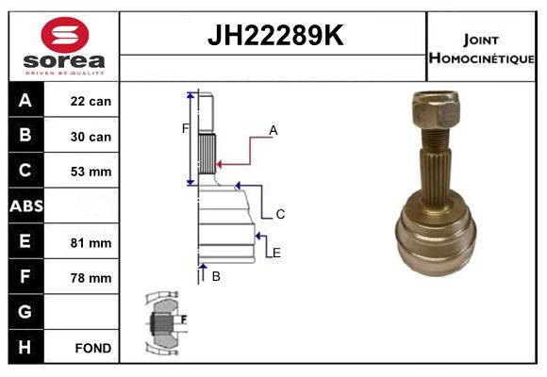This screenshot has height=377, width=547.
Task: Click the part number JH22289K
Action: pos(275,35)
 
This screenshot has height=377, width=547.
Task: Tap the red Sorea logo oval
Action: pos(65,35)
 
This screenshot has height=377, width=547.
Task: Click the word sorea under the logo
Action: pos(64,61)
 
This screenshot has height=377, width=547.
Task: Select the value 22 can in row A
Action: pos(91,102)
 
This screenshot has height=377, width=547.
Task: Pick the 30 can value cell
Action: pos(91,137)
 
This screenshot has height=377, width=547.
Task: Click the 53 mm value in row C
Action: pos(91,172)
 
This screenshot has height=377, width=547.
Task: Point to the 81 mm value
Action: pos(91,243)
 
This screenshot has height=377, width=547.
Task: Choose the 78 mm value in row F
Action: pos(91,278)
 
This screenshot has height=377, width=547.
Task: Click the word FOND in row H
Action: pos(93,348)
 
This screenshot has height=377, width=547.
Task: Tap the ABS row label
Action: pos(26,205)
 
